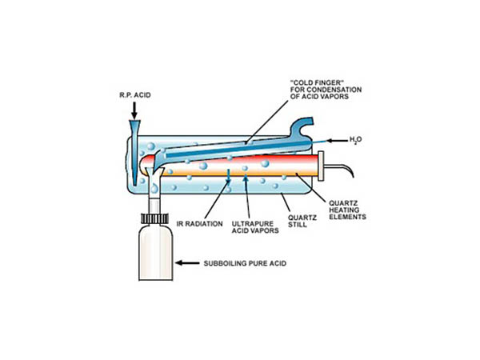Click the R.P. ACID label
135,95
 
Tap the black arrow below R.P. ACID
134,110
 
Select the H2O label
356,140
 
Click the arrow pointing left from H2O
337,141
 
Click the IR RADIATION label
199,224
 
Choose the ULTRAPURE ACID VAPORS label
255,227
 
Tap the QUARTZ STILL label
298,221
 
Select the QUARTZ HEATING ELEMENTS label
347,210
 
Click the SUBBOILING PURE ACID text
245,263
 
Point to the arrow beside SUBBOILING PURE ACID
187,262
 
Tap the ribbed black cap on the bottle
154,218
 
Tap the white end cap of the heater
321,166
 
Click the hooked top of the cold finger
302,126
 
